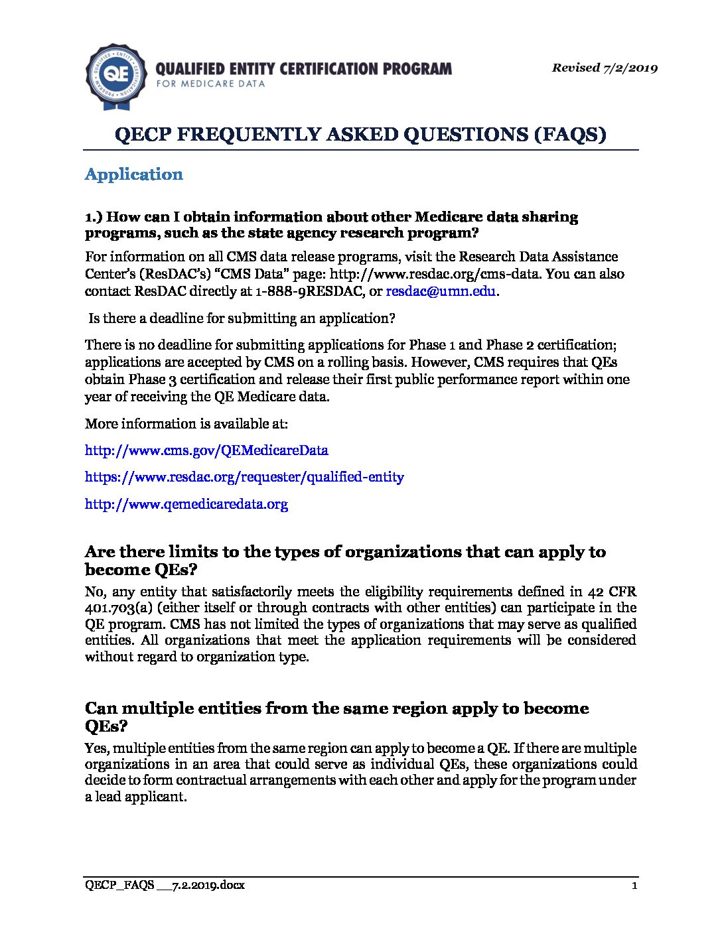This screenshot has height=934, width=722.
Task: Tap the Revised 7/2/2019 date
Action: [605, 68]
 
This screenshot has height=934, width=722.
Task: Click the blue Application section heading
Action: [134, 174]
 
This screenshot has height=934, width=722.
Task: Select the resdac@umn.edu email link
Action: [441, 291]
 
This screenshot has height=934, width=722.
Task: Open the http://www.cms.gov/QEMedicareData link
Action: [206, 450]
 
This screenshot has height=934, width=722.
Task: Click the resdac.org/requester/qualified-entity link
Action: [244, 477]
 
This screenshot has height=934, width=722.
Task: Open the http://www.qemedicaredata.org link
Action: [186, 503]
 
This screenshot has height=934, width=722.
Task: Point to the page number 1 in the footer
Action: [634, 886]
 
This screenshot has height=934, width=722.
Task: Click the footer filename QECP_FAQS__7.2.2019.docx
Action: [165, 886]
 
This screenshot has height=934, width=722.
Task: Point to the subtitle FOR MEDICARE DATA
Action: [210, 84]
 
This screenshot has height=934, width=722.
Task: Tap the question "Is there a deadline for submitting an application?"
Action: [242, 318]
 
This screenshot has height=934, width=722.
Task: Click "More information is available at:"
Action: [186, 424]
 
